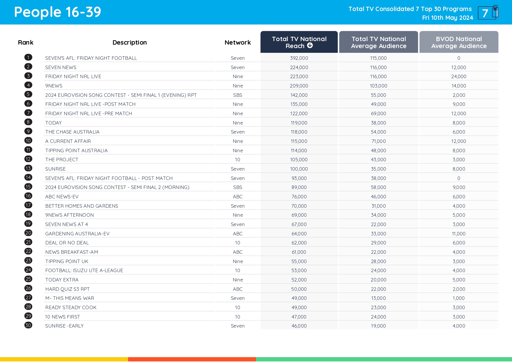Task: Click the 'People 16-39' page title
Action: [58, 12]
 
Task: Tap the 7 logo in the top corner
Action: [488, 13]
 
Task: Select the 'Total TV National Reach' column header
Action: [299, 42]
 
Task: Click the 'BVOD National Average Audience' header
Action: [459, 42]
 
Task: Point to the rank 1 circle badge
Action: [28, 57]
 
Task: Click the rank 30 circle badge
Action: [28, 325]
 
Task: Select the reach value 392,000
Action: [299, 58]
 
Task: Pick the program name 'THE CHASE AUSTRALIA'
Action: [72, 132]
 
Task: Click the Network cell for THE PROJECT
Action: [238, 160]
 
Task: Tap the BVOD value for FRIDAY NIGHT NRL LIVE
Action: [459, 76]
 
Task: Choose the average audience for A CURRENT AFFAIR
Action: [378, 141]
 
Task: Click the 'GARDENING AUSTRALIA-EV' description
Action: [77, 234]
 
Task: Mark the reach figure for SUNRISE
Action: [299, 169]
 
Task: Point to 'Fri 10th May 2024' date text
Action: [447, 18]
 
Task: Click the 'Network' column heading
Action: [238, 43]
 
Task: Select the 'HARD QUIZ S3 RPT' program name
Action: [67, 289]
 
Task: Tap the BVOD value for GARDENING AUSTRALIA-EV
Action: [459, 234]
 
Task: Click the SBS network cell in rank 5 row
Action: [238, 95]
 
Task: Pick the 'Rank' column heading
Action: [26, 43]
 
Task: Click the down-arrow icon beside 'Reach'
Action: [310, 46]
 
